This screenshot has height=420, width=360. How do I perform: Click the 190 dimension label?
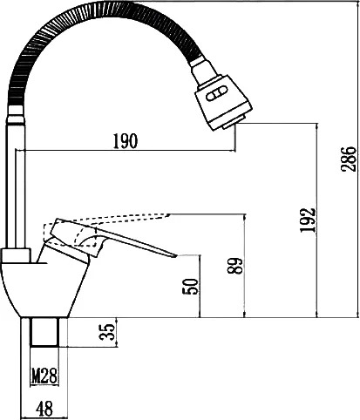click(125, 141)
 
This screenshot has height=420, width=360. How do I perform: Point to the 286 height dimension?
click(349, 159)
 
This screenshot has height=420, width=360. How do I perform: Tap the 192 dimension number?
click(308, 220)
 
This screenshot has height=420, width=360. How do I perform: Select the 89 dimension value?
click(234, 266)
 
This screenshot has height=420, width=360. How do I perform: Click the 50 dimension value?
click(190, 287)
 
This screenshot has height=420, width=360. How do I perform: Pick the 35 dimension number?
click(107, 332)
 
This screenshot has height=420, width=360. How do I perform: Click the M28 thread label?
click(44, 376)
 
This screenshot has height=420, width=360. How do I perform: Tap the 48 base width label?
click(44, 408)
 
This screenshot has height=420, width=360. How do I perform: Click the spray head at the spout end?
click(223, 102)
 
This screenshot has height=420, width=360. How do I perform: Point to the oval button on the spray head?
click(216, 94)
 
